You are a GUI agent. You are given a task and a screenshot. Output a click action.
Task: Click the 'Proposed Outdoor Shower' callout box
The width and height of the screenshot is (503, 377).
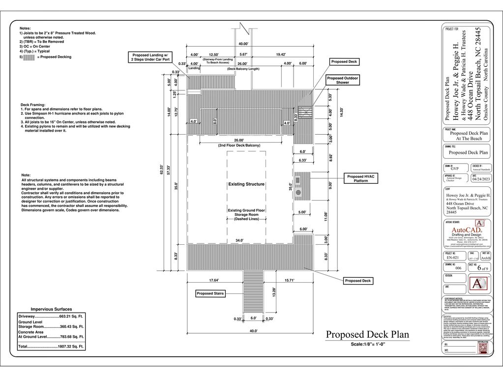[343, 80]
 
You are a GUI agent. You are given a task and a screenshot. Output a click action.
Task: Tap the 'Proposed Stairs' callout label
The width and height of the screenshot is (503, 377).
[210, 293]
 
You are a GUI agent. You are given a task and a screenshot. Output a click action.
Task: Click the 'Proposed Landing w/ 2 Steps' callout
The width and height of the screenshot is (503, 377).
[150, 57]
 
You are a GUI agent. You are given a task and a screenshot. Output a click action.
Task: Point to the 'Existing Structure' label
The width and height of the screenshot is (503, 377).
[246, 184]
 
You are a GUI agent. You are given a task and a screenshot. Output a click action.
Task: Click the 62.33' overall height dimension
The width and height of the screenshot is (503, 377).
[161, 170]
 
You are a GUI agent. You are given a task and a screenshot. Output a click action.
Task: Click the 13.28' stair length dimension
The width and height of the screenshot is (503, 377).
[274, 292]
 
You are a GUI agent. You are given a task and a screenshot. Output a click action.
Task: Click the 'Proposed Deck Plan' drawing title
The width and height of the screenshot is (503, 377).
[367, 335]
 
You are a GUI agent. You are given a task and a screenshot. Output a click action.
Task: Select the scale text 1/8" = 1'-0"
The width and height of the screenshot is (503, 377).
[367, 344]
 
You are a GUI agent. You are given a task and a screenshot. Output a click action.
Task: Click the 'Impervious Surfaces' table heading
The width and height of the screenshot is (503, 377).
[51, 309]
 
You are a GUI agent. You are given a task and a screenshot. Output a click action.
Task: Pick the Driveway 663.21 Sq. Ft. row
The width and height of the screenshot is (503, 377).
[51, 316]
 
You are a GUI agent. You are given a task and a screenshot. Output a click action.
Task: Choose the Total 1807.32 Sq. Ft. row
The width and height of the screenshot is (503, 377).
[51, 347]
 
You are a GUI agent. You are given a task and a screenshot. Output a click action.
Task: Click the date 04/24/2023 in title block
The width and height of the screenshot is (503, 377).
[480, 179]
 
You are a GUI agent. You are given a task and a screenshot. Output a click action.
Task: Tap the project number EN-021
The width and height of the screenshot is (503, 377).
[452, 257]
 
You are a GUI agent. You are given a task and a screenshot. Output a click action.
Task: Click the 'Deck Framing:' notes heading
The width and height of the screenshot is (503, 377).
[33, 105]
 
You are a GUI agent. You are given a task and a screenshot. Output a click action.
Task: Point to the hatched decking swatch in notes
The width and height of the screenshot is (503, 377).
[29, 57]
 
